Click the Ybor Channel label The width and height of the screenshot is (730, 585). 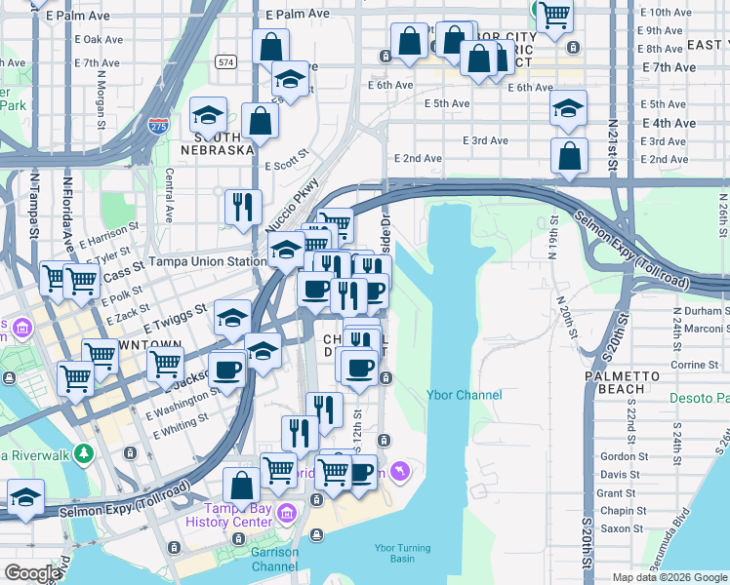[465, 395]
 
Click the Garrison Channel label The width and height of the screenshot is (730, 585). [274, 559]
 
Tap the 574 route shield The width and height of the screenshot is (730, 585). [226, 62]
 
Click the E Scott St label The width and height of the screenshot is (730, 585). [284, 160]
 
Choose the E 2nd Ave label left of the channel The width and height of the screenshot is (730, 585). [418, 158]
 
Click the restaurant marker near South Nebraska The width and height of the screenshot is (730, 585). [241, 206]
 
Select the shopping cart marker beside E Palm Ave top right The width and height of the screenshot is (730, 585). [554, 16]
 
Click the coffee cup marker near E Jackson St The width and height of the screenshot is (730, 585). [227, 370]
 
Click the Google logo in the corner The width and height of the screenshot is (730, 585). [32, 574]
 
